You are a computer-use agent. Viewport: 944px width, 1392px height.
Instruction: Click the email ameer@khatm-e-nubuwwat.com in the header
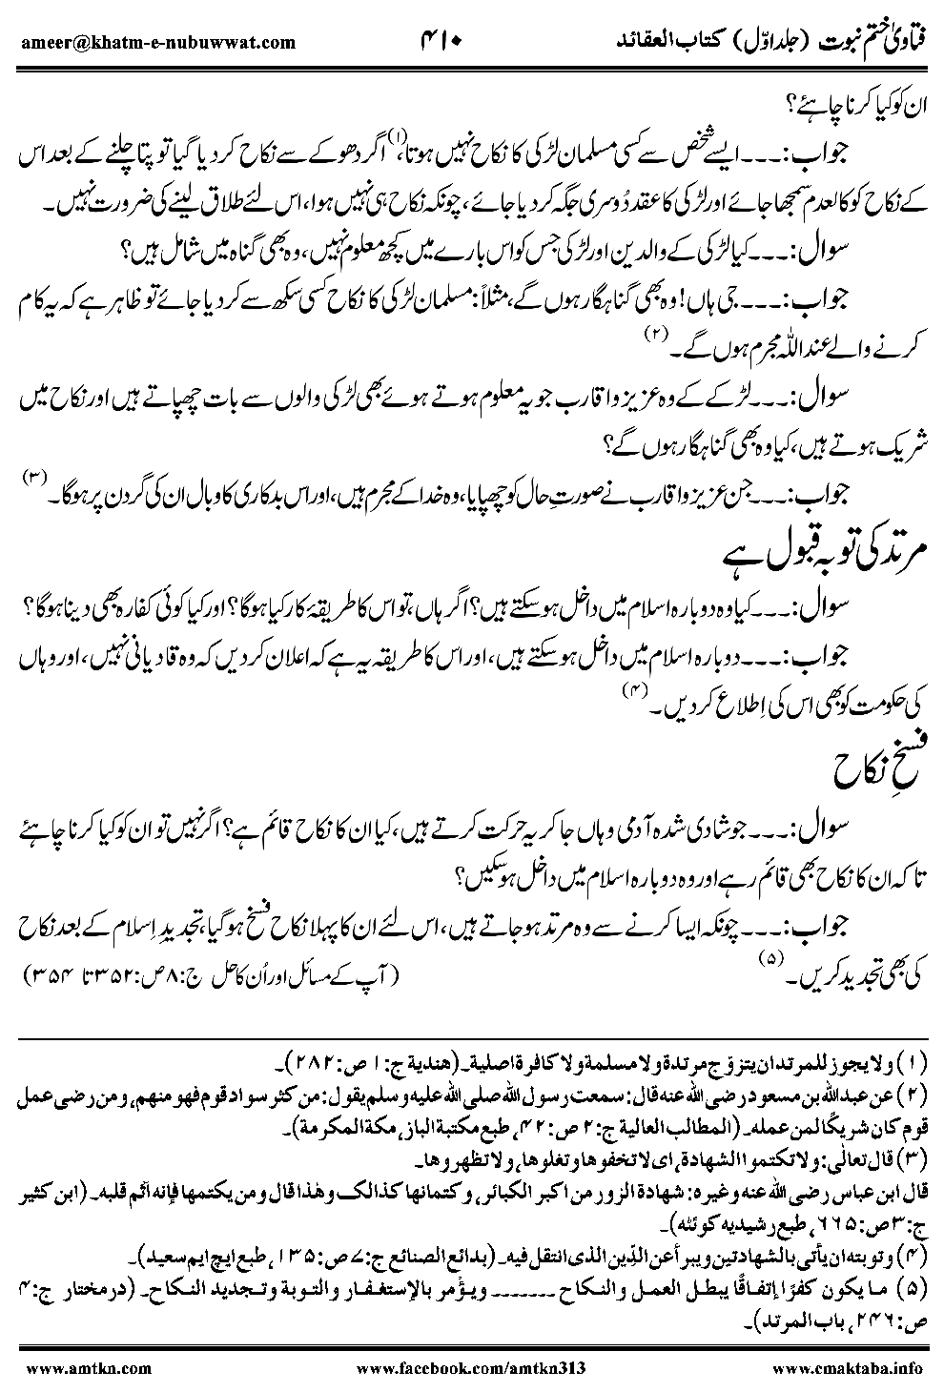[x=156, y=42]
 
